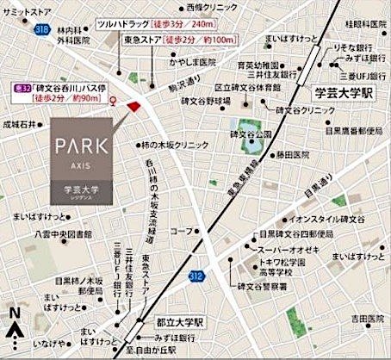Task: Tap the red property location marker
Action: [x=133, y=106]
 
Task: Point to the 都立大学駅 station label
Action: [x=179, y=322]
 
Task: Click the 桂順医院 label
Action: [x=363, y=24]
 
